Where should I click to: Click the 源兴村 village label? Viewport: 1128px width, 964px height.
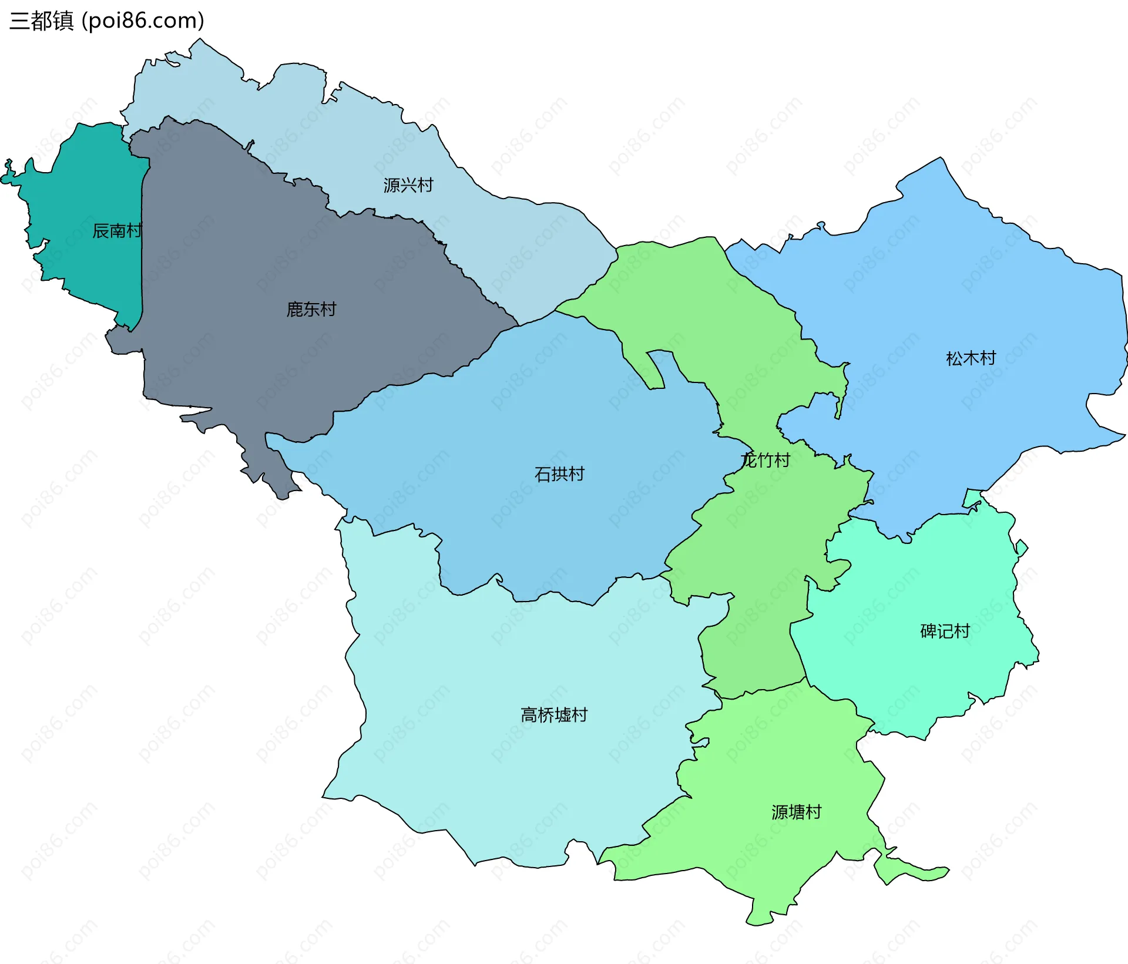click(x=408, y=186)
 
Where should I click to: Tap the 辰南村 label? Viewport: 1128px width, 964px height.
click(x=117, y=231)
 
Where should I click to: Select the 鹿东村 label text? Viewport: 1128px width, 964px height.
click(x=311, y=309)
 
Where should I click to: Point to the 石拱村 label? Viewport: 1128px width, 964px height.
click(x=559, y=474)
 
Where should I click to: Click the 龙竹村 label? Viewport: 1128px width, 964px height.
click(x=766, y=460)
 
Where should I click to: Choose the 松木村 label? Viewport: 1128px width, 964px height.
click(x=971, y=358)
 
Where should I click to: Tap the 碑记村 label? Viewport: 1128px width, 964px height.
click(x=945, y=632)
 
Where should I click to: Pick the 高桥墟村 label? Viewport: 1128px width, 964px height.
click(x=554, y=715)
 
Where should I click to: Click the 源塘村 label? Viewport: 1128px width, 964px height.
click(x=796, y=812)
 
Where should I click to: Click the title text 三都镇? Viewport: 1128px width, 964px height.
click(x=42, y=21)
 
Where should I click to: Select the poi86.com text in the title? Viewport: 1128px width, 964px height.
click(x=143, y=21)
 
